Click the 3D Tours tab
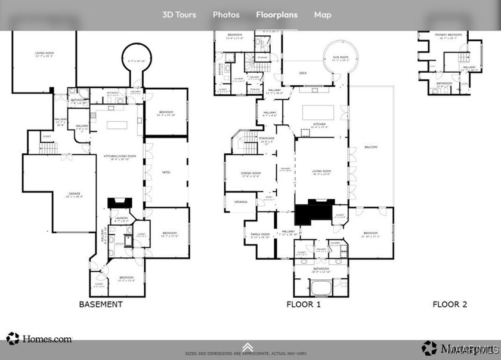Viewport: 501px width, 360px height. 179,15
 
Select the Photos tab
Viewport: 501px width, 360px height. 226,15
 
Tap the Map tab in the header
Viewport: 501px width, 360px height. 323,15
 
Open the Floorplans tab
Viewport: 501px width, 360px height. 277,15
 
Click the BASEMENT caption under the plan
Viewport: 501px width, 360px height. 101,304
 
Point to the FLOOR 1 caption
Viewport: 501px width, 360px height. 304,304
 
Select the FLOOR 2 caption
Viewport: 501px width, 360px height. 450,304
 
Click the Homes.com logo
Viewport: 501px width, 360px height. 39,339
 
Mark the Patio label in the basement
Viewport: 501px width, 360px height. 166,173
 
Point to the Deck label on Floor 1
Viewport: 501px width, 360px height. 302,73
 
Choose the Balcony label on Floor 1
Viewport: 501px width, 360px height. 370,147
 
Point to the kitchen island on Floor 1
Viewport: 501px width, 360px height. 317,112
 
